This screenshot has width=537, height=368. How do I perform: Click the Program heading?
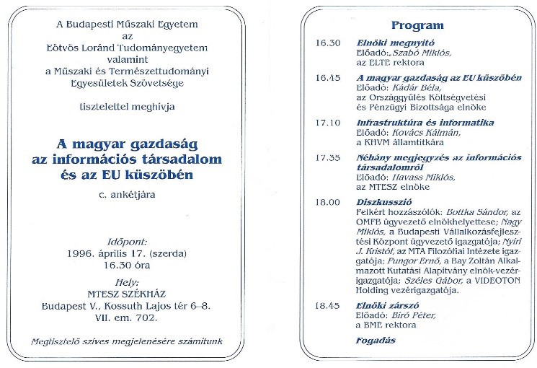(x=417, y=25)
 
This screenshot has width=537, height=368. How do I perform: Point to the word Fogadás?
(x=376, y=340)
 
